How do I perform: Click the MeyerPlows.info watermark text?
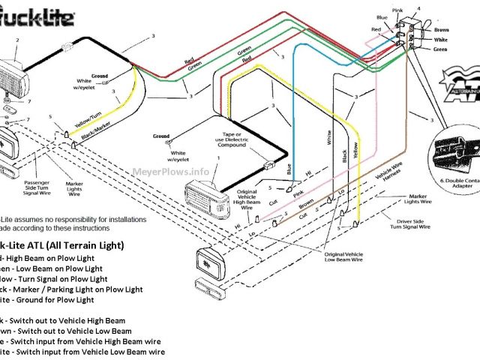[170, 171]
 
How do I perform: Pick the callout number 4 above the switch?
[420, 9]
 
